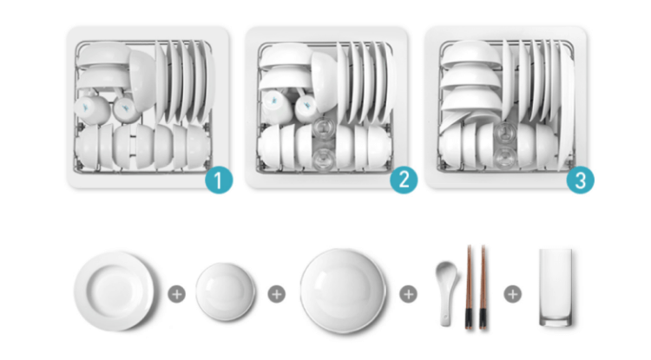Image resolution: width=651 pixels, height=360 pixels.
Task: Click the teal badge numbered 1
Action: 219,180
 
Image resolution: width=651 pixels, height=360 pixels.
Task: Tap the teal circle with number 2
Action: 404,180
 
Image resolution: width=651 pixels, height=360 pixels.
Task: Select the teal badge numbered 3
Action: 581,180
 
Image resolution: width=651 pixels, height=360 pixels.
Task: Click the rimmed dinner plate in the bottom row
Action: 114,291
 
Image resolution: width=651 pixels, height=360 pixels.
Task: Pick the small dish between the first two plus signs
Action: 226,291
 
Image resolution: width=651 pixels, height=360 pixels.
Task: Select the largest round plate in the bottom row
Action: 343,291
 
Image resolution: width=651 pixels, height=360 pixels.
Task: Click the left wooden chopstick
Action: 469,287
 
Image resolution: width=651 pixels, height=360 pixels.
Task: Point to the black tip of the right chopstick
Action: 483,318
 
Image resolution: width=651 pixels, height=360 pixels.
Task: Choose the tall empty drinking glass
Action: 556,287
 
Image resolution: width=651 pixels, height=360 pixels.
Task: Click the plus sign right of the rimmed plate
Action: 176,294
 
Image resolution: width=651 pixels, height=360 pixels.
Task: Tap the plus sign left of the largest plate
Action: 277,294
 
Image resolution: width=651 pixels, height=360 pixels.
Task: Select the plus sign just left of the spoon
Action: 408,294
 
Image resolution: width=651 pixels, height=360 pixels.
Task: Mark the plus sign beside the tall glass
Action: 513,294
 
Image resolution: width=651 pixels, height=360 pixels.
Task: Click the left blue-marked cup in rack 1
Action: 92,108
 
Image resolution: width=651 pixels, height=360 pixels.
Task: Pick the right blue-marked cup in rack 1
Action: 126,109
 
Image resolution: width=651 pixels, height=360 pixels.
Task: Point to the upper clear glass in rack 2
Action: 323,128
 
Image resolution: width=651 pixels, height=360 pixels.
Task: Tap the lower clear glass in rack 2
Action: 324,160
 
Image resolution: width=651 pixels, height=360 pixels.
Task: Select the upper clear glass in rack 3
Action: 506,132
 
